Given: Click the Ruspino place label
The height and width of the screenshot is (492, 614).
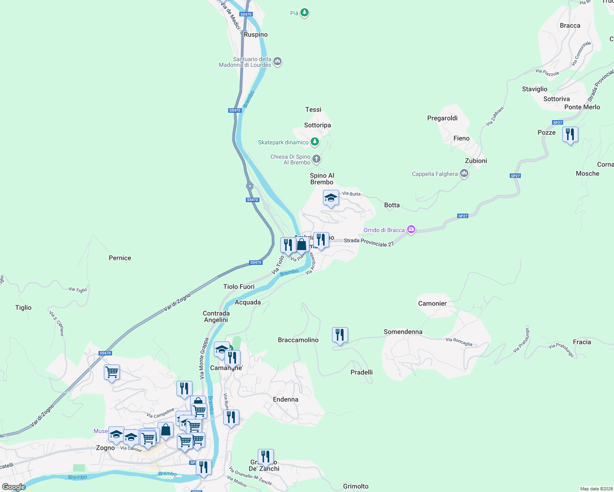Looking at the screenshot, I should pos(256,35).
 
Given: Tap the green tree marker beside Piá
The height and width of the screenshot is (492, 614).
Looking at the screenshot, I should pos(304,13).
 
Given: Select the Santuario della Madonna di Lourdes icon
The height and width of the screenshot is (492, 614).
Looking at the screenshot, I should pos(277,62).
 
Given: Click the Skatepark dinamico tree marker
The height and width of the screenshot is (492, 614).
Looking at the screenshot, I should pos(314,142).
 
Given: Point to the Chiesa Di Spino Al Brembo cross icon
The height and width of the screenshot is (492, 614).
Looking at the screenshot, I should pos(316,159).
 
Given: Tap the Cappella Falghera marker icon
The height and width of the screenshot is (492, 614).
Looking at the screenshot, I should pos(464,173).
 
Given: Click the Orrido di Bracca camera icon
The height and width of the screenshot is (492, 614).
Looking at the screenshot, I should pos(411,230).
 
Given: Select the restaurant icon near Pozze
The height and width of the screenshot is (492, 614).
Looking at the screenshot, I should pos(570,134).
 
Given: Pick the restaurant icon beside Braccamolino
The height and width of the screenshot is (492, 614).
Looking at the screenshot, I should pos(339,335).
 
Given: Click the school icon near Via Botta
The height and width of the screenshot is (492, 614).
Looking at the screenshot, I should pos(331,198).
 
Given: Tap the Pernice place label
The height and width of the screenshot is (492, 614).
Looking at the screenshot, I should pos(120,258).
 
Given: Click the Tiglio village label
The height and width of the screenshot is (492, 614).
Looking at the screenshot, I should pos(23,307).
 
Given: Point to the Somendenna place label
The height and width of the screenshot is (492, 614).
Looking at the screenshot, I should pos(403,332).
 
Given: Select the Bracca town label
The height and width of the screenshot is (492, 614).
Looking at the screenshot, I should pos(570,25).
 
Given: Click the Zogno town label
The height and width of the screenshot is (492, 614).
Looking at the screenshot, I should pos(105,448).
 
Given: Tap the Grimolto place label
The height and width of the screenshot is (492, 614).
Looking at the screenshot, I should pos(355,486).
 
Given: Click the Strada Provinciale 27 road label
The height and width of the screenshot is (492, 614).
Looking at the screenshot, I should pos(369,242).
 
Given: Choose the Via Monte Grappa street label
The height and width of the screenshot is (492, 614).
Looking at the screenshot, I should pos(204,358).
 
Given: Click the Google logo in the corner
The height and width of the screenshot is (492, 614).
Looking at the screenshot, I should pos(14,487).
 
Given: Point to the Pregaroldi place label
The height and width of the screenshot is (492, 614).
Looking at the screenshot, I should pos(442,118).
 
